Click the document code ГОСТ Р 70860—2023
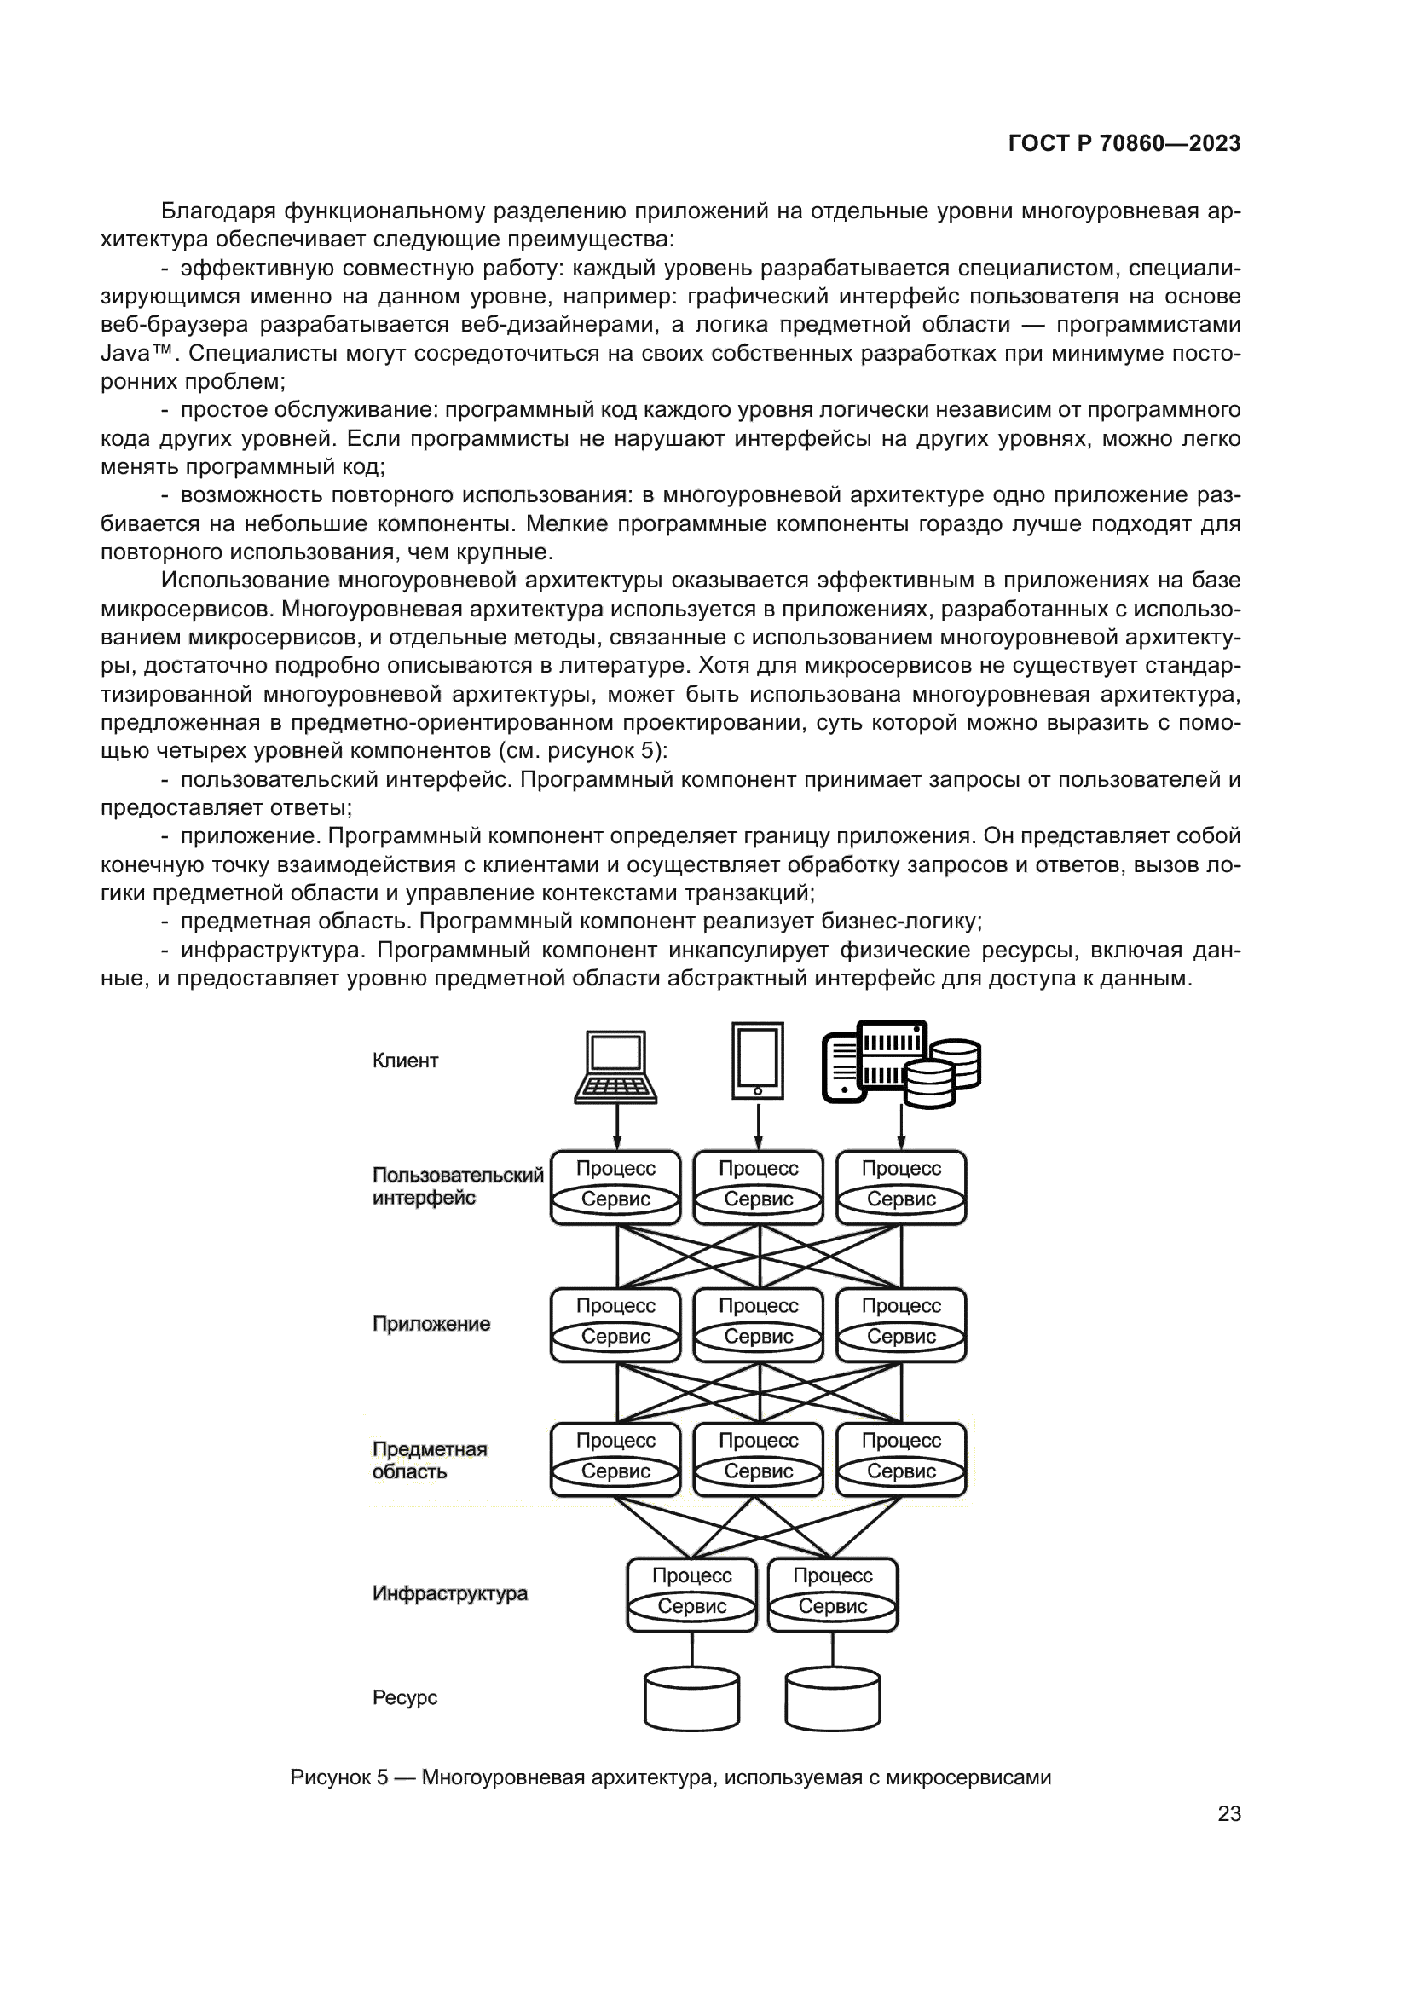(x=1124, y=143)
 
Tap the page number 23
(x=1228, y=1813)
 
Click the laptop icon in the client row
(x=615, y=1067)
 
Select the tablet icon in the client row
(x=758, y=1061)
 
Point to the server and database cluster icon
(x=900, y=1064)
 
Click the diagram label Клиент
(x=406, y=1061)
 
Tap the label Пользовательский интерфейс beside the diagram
(x=458, y=1187)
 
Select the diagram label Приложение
(x=431, y=1324)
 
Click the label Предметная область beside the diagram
(x=430, y=1459)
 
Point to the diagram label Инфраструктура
(x=450, y=1592)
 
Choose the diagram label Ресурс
(x=405, y=1697)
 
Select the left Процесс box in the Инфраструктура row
(x=692, y=1575)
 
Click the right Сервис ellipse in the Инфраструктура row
(x=833, y=1607)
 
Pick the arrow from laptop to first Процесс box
(x=616, y=1126)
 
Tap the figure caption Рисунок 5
(x=670, y=1777)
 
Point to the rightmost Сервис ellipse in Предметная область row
(x=901, y=1471)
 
